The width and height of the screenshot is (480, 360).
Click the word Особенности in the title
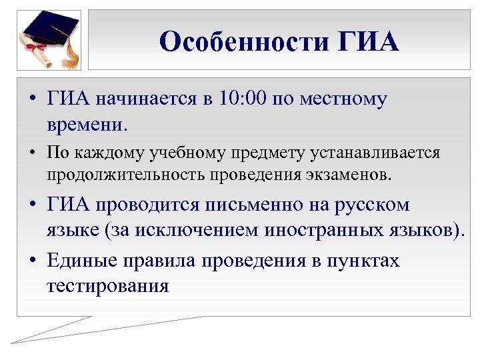point(245,42)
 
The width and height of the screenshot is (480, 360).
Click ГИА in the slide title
point(369,42)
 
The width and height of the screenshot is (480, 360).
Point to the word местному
point(344,100)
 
